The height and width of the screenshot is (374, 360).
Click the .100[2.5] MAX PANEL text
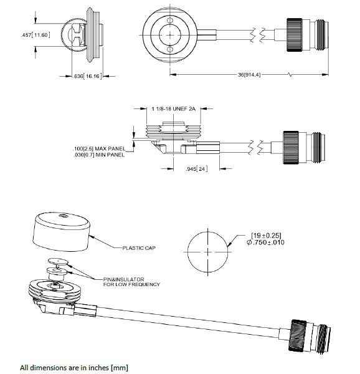click(x=98, y=148)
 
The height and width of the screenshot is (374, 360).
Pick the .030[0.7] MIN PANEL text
click(x=98, y=154)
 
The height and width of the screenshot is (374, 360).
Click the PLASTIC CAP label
click(x=138, y=247)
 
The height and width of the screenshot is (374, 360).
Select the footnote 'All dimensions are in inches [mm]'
click(x=74, y=367)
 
